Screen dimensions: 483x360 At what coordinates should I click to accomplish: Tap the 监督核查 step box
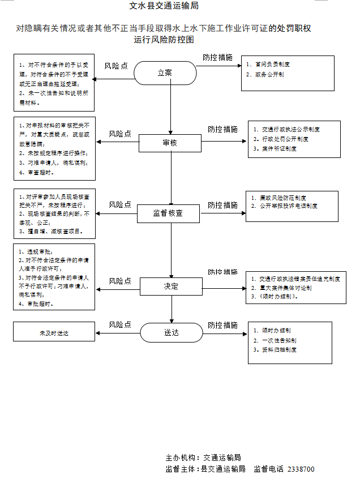[x=168, y=213]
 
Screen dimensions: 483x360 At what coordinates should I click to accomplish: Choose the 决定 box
[x=171, y=287]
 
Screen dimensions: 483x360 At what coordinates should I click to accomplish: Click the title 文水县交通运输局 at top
[x=164, y=6]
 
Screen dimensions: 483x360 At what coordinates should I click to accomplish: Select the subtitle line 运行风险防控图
[x=164, y=40]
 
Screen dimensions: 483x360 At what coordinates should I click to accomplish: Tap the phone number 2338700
[x=301, y=469]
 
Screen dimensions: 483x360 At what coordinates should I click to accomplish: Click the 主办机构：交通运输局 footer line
[x=203, y=458]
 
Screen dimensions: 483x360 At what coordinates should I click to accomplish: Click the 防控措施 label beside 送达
[x=222, y=325]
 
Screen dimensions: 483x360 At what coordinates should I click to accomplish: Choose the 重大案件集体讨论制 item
[x=285, y=288]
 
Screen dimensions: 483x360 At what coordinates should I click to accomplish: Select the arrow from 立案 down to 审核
[x=170, y=108]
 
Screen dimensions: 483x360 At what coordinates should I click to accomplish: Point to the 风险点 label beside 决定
[x=120, y=281]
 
